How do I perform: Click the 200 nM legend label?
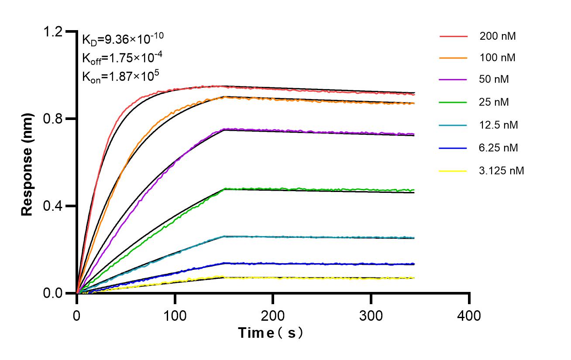coord(497,36)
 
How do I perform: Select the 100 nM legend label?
coord(497,58)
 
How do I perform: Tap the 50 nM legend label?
coord(494,79)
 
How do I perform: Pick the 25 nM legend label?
coord(494,102)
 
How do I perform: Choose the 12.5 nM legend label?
coord(498,125)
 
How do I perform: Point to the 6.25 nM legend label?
coord(498,148)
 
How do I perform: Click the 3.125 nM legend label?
coord(501,171)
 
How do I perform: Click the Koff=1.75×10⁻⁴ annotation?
coord(119,58)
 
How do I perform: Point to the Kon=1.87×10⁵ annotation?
coord(120,76)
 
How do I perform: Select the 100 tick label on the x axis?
coord(175,315)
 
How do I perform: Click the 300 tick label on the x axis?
coord(371,315)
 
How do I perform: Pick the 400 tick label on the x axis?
coord(469,315)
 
